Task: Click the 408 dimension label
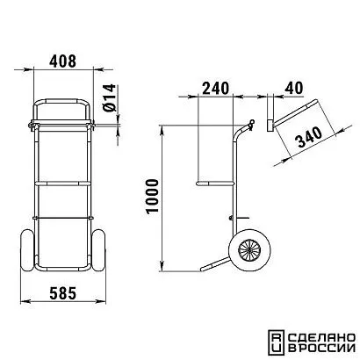62,61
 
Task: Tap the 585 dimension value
63,293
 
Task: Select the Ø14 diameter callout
109,97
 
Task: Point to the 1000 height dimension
152,196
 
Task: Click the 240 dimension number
215,88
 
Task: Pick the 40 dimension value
294,88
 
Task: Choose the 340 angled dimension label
310,137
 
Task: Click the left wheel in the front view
27,251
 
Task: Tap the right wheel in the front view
98,251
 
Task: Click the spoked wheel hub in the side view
249,250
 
